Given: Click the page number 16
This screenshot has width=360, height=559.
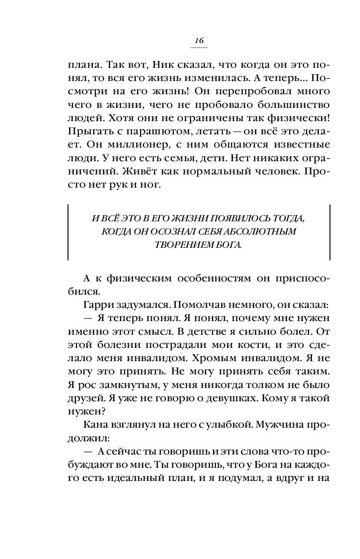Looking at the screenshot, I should point(199,41).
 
